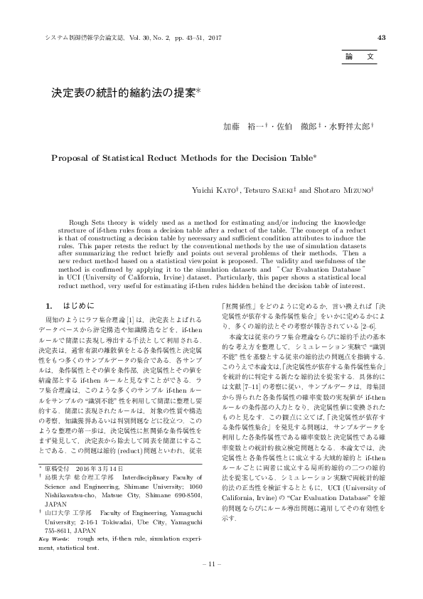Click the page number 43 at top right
pyautogui.click(x=382, y=38)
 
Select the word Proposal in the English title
pyautogui.click(x=73, y=158)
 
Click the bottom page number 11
pyautogui.click(x=211, y=564)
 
